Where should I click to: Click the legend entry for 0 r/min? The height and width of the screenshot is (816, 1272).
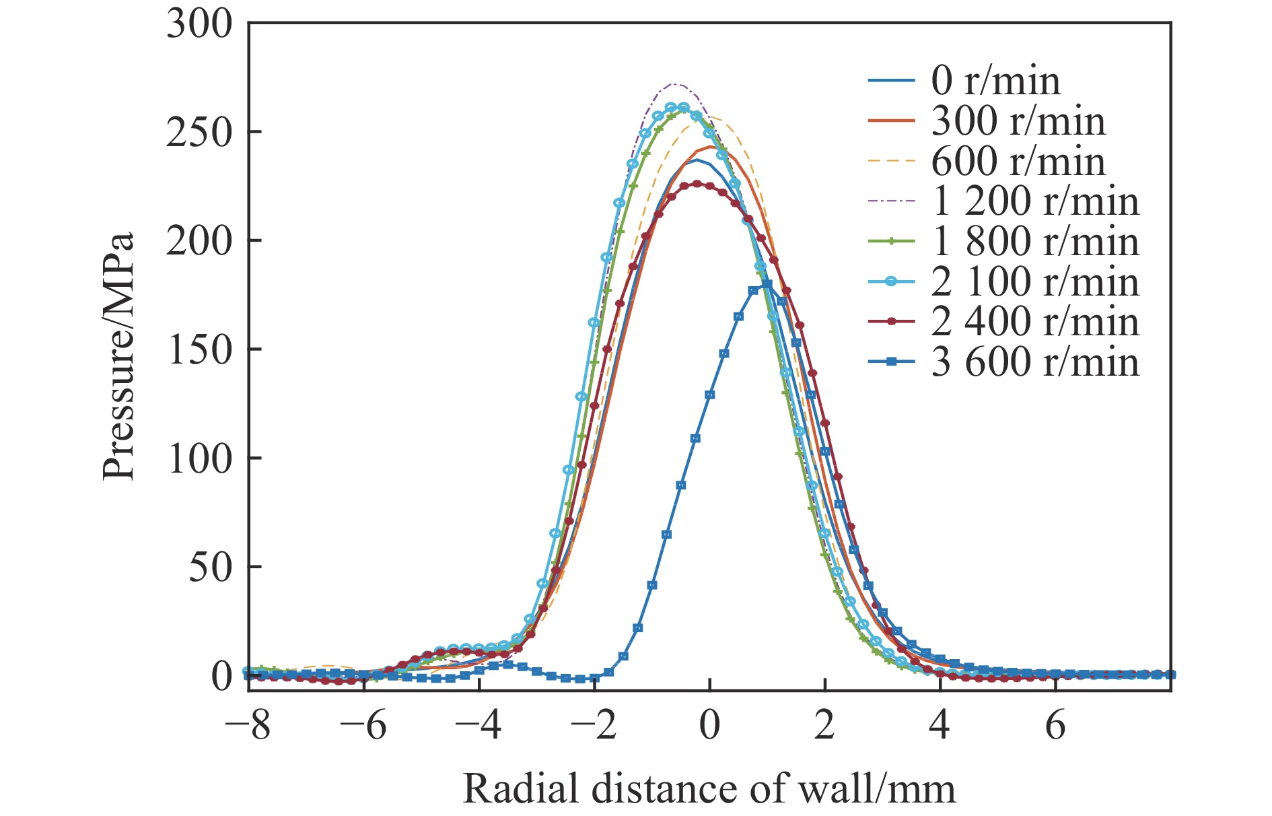pos(995,81)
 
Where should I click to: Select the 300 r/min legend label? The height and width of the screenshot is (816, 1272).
pos(1018,121)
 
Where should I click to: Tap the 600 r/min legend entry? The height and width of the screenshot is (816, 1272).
pos(1018,162)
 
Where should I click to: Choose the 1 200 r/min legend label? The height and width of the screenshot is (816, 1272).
pos(1035,201)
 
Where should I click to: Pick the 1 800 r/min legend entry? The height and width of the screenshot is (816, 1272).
pos(1035,242)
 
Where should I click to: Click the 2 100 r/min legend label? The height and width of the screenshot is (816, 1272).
pos(1035,282)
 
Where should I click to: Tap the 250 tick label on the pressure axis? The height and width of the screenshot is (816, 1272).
pos(199,133)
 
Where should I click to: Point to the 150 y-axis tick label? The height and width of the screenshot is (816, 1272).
pos(199,350)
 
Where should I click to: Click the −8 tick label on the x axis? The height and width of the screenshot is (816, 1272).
pos(248,726)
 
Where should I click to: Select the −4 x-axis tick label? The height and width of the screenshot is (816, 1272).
pos(479,726)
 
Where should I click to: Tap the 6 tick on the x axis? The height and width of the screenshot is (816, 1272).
pos(1055,726)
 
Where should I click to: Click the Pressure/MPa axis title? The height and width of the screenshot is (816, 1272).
pos(119,357)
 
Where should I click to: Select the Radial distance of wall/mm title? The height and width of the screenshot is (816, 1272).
pos(709,788)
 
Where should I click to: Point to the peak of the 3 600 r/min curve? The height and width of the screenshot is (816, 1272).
pos(765,285)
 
